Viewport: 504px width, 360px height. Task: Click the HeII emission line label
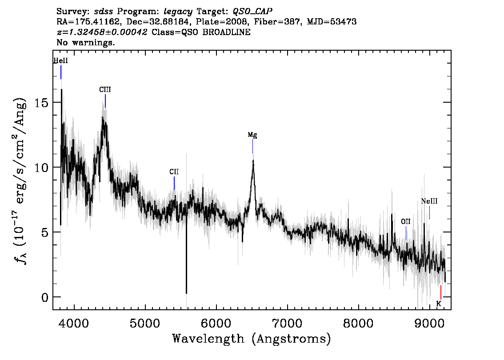coord(60,61)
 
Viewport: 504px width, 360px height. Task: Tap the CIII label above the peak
coord(105,90)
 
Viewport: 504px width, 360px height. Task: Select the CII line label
coord(174,172)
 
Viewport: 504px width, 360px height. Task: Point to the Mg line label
coord(252,135)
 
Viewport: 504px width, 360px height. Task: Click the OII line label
coord(406,221)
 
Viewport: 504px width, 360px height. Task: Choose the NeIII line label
coord(429,201)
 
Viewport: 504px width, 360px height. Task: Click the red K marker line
coord(441,292)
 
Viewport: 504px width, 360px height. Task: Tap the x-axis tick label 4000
coord(74,323)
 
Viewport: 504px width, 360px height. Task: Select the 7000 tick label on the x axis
coord(288,323)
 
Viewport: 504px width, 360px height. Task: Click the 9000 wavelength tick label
coord(429,323)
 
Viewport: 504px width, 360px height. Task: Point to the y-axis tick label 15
coord(41,103)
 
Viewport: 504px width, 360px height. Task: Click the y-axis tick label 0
coord(45,297)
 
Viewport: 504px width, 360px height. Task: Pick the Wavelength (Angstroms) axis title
coord(252,339)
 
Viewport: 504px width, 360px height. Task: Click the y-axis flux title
coord(20,181)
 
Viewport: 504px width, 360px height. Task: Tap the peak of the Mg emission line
coord(253,160)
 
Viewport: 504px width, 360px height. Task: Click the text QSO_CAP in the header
coord(252,12)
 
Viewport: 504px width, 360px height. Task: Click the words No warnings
coord(85,42)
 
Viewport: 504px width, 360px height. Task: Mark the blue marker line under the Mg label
coord(252,146)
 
